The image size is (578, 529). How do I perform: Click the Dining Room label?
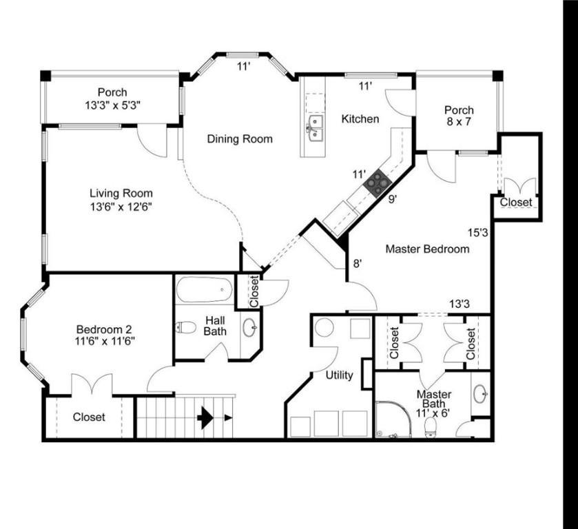(240, 139)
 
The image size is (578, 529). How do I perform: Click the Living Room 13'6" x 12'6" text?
(121, 200)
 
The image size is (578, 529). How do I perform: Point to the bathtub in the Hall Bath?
(204, 289)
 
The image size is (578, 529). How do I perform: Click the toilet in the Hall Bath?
(187, 327)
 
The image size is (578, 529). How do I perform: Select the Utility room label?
(340, 375)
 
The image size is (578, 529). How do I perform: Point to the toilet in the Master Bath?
(431, 427)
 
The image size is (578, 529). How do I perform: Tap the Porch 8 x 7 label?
(459, 116)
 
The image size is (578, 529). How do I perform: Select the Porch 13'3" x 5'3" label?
(112, 98)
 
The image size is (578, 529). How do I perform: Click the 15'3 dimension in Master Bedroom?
(478, 233)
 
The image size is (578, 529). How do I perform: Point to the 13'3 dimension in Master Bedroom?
(460, 304)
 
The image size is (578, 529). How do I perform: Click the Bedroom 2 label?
(100, 334)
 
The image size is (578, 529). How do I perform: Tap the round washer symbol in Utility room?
(324, 327)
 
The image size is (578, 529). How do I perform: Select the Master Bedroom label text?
(427, 249)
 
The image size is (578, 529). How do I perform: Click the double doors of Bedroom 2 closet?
(92, 384)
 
